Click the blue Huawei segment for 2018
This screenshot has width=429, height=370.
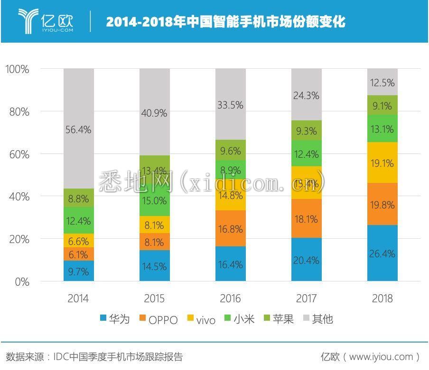tap(382, 253)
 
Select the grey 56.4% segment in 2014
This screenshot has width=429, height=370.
tap(79, 128)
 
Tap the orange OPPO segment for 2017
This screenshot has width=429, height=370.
tap(306, 218)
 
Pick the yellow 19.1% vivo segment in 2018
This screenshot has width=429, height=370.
tap(382, 163)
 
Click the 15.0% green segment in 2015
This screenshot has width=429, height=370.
tap(154, 200)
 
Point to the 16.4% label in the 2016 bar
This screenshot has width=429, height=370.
tap(230, 264)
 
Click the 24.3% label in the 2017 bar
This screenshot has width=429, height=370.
tap(306, 95)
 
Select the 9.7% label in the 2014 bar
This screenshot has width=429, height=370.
tap(79, 271)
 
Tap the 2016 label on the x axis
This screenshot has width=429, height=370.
tap(230, 298)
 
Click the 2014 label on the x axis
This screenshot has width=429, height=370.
tap(79, 298)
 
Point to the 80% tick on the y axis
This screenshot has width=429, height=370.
tap(18, 112)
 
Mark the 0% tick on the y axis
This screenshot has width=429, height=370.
tap(21, 282)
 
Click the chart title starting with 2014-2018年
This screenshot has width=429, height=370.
tap(225, 22)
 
